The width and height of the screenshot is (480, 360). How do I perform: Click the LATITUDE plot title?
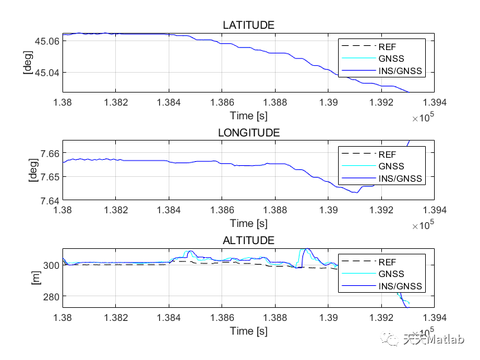click(248, 25)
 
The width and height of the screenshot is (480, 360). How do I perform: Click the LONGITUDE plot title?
click(248, 132)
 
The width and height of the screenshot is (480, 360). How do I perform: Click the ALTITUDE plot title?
click(248, 240)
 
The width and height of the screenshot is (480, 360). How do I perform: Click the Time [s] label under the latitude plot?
click(248, 115)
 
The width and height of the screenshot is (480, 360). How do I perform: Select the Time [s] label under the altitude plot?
click(248, 331)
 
